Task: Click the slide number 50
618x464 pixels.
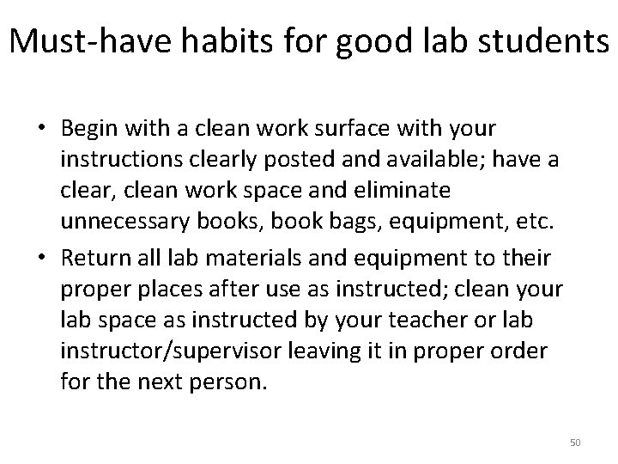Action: (x=575, y=443)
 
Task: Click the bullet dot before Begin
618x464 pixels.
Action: (x=41, y=129)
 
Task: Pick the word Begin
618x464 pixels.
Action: (x=90, y=129)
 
